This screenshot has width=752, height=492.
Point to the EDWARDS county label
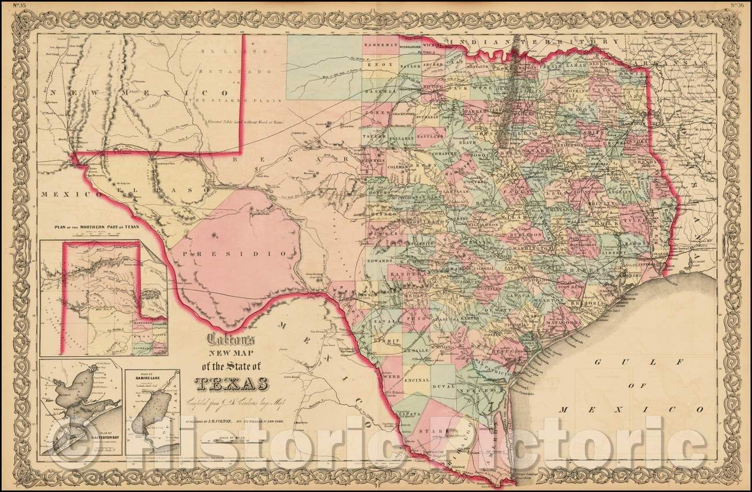[383, 260]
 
